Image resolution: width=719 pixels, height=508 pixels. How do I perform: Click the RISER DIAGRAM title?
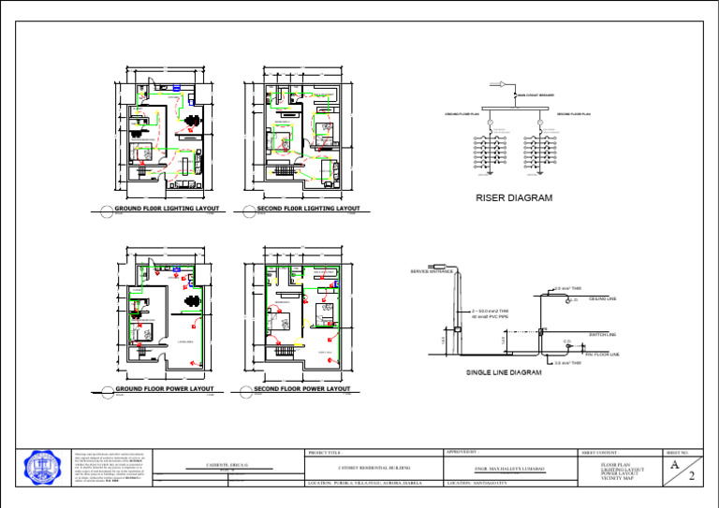click(514, 197)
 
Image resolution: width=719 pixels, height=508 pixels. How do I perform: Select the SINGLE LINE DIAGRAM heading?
click(505, 372)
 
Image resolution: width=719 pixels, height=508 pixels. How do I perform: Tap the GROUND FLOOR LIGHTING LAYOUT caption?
click(167, 209)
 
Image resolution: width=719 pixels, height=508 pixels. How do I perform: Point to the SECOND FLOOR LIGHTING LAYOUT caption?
click(308, 209)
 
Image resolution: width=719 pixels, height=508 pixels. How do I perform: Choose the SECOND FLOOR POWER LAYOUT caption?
click(302, 388)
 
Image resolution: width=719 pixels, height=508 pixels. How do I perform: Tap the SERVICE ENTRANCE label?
click(432, 271)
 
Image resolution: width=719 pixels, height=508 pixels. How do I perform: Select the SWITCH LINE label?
click(602, 334)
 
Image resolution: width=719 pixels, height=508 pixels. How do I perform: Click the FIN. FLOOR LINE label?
click(603, 355)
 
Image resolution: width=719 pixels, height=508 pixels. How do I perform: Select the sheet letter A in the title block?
click(674, 463)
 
